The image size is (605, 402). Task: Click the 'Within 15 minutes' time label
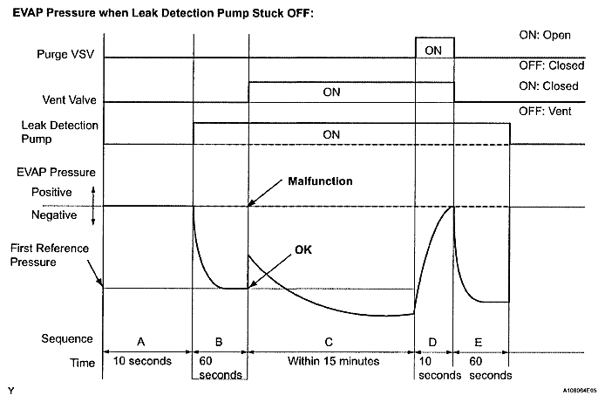point(331,362)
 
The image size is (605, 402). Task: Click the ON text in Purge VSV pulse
point(433,51)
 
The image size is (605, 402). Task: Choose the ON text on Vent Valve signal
point(331,92)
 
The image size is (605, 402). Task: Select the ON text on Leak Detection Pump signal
point(331,134)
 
